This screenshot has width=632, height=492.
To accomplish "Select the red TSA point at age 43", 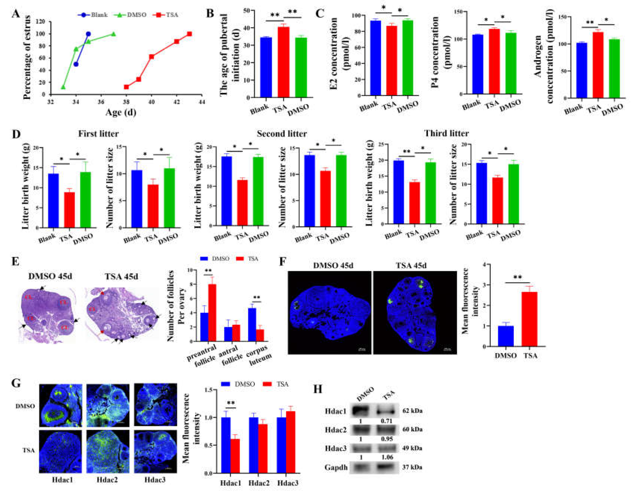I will [x=190, y=34].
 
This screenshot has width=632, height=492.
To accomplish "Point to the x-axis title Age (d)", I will [x=121, y=112].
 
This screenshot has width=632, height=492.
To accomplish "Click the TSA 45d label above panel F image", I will [x=411, y=265].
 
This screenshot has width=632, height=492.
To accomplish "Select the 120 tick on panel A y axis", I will [x=41, y=22].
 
